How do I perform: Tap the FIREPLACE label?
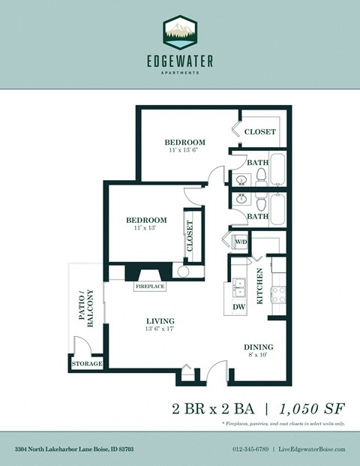click(x=150, y=287)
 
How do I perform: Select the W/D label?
click(x=241, y=242)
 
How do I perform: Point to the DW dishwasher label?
click(x=238, y=306)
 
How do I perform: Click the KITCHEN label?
click(x=260, y=285)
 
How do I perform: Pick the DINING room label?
click(x=258, y=347)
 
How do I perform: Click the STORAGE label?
click(x=87, y=364)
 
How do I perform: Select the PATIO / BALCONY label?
click(x=86, y=308)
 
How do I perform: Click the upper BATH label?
click(x=258, y=161)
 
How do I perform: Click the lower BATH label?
click(x=258, y=216)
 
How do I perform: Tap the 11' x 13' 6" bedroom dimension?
click(x=184, y=151)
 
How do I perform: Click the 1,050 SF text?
click(x=312, y=409)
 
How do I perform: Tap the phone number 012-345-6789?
click(x=250, y=449)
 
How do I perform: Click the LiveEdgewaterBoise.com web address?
click(x=311, y=449)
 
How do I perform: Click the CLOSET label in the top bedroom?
click(x=260, y=132)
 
